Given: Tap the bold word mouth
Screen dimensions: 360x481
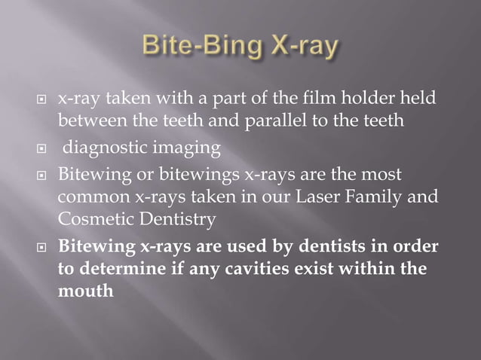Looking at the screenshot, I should coord(86,289).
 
